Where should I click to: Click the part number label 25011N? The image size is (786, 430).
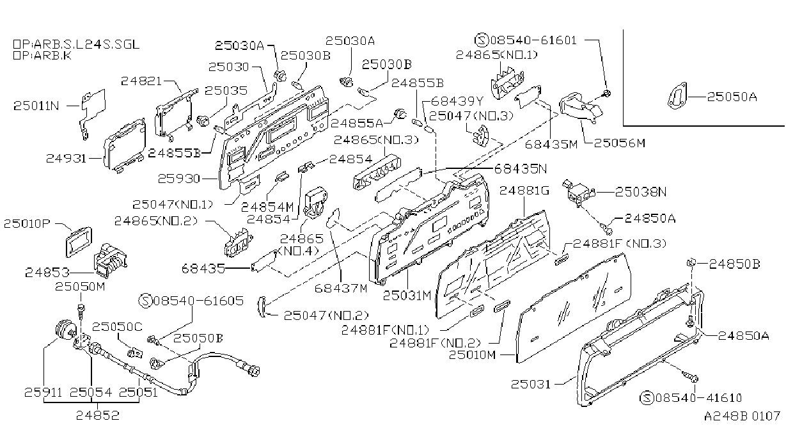[x=36, y=106]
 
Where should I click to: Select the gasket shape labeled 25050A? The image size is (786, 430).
[x=677, y=95]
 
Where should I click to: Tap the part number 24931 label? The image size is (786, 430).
[x=67, y=158]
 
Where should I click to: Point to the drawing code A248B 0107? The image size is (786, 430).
[x=742, y=416]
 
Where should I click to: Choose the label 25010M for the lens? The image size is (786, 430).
[x=472, y=355]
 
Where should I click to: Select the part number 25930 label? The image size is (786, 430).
[x=178, y=179]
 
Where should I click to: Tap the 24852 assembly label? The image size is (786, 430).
[x=98, y=416]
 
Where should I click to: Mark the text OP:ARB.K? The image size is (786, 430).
[x=42, y=56]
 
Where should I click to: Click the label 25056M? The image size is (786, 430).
[x=619, y=143]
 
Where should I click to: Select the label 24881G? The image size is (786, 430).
[x=524, y=191]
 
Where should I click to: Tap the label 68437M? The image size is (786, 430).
[x=341, y=288]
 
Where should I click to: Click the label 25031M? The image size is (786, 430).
[x=407, y=296]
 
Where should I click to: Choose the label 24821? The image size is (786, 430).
[x=141, y=81]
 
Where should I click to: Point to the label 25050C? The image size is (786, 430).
[x=117, y=327]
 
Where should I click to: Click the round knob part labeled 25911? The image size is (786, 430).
[x=66, y=331]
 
